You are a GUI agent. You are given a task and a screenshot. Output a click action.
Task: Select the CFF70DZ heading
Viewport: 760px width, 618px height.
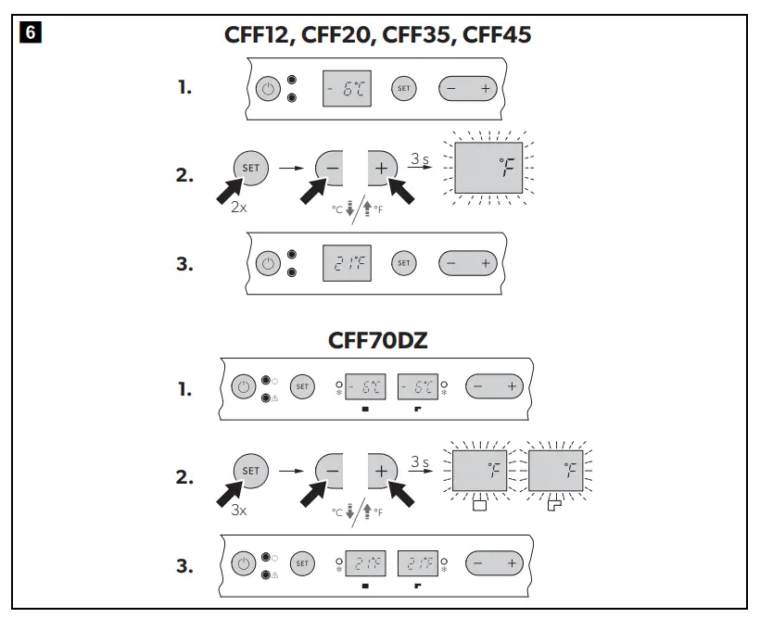(379, 341)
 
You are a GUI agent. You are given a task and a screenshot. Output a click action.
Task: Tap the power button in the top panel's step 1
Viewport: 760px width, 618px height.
(268, 89)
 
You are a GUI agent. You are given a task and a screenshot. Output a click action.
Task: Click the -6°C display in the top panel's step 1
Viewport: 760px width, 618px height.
(346, 89)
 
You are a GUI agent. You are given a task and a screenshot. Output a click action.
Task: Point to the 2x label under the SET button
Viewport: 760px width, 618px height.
(239, 208)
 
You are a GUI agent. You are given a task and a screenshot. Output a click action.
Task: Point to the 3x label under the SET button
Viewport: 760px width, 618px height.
(239, 511)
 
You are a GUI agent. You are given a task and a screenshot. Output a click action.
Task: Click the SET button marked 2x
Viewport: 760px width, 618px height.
(251, 169)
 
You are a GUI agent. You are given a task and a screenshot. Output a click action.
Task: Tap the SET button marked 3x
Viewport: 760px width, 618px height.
(251, 472)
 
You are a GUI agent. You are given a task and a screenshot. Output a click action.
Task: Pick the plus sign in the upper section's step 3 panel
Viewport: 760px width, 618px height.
(485, 263)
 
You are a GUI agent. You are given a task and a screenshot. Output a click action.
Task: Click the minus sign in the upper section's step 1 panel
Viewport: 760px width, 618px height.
(451, 89)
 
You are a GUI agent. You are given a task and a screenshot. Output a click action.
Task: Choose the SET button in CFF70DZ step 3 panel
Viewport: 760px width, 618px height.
(302, 561)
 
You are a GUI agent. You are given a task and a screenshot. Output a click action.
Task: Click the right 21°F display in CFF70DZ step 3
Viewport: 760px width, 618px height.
(418, 561)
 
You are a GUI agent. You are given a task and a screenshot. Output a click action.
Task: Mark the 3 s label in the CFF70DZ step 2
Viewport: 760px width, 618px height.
(419, 462)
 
